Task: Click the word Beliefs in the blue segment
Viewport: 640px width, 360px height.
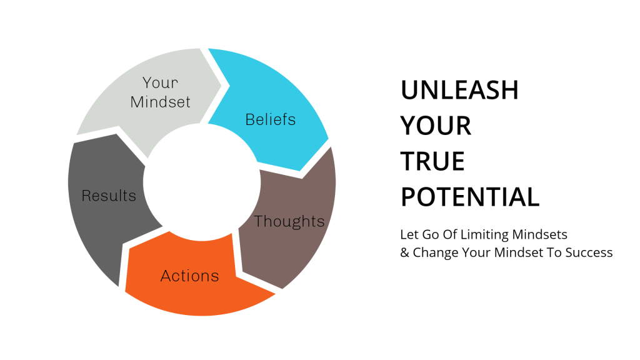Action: point(270,119)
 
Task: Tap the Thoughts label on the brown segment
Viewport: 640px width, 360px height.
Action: point(289,221)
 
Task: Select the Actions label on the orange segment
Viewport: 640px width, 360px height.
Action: point(190,276)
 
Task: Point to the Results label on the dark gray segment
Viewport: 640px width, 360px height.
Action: point(109,196)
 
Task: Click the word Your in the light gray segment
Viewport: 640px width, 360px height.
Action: point(161,83)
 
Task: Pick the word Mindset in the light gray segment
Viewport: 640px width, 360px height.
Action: point(161,102)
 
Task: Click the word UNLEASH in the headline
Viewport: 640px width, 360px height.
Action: point(459,90)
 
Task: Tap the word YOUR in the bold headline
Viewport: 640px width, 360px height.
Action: point(436,125)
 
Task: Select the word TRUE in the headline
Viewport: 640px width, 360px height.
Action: point(432,161)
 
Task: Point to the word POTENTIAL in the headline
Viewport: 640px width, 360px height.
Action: point(470,197)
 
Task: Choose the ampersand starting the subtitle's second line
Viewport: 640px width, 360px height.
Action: point(404,252)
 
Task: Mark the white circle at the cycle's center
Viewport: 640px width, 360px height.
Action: point(202,182)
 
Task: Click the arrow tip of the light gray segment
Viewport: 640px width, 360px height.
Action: point(221,86)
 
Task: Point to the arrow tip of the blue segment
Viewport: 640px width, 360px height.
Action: point(301,171)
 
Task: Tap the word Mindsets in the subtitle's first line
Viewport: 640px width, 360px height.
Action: point(539,234)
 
